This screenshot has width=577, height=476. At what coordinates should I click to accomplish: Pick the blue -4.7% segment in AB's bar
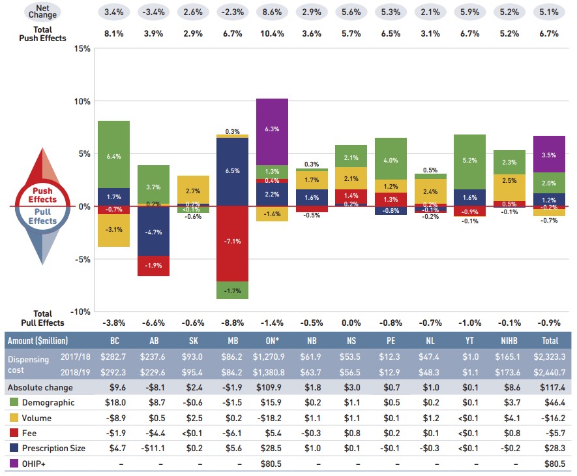coord(153,231)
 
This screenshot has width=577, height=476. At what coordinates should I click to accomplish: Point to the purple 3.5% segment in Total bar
coord(549,154)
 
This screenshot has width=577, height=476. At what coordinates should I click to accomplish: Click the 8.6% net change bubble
coord(273,12)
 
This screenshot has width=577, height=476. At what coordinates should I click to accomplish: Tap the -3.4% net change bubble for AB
coord(153,12)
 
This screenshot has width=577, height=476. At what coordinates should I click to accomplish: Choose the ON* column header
coord(273,341)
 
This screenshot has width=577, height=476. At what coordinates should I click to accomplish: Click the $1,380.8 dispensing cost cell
coord(273,372)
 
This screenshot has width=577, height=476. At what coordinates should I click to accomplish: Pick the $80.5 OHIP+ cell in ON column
coord(273,464)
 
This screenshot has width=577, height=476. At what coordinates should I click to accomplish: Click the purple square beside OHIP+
coord(14,464)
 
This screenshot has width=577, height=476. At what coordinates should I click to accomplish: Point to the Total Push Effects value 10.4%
coord(273,34)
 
